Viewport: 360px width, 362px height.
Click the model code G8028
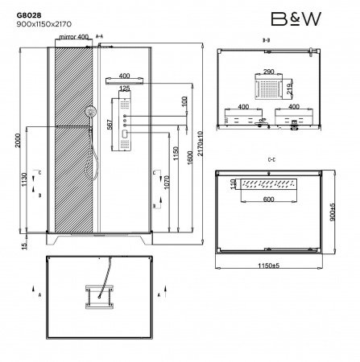(x=27, y=14)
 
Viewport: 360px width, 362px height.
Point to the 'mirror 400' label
(x=74, y=37)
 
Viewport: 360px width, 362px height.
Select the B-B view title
(x=266, y=38)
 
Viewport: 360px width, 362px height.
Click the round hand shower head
(x=95, y=111)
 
